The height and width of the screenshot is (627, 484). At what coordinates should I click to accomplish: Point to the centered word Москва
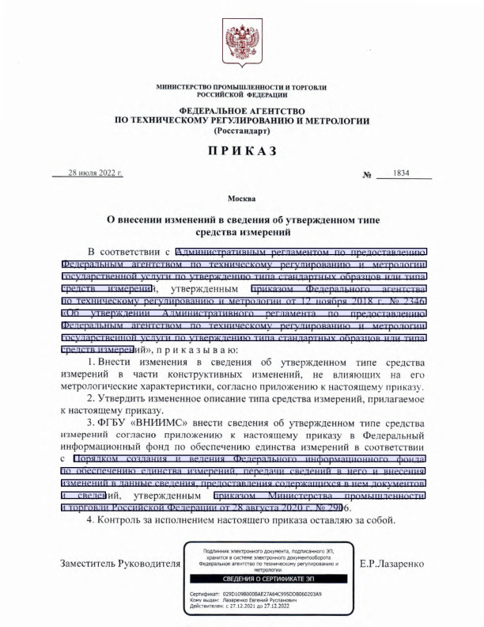point(241,196)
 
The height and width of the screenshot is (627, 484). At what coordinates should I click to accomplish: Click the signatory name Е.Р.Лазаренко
point(391,564)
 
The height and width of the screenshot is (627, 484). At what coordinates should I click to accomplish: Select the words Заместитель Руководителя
point(120,564)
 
